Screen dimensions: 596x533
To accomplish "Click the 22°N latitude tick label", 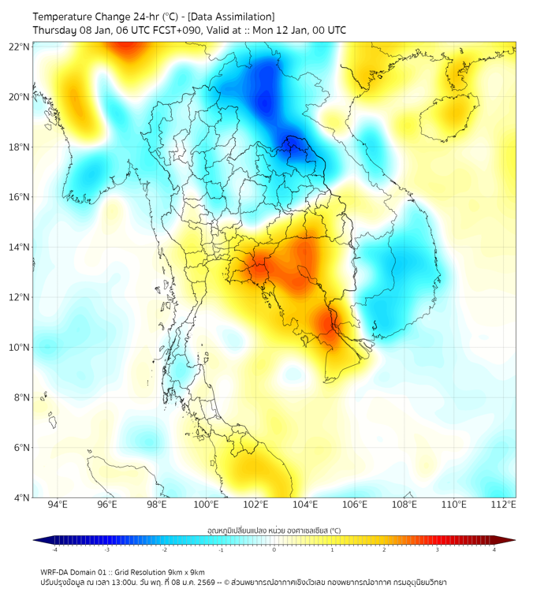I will pos(20,47).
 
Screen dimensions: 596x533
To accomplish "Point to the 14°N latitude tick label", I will pos(20,247).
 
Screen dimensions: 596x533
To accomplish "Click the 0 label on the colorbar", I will pos(274,549).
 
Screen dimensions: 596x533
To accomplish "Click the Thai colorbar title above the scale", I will pos(274,530).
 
